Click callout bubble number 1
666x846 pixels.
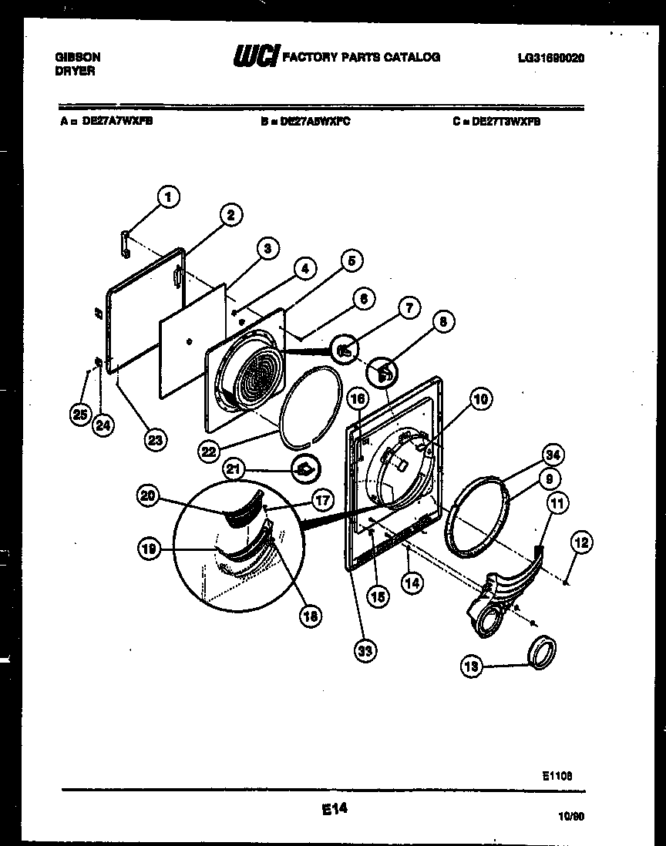point(168,197)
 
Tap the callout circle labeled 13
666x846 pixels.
point(472,666)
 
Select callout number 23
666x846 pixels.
point(156,440)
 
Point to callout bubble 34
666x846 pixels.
point(550,454)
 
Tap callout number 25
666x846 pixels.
point(78,415)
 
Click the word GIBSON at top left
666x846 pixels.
point(78,57)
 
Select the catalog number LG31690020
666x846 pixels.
point(550,58)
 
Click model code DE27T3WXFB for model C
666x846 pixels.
point(506,120)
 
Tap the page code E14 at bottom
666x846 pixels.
point(333,808)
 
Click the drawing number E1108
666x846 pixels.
point(556,777)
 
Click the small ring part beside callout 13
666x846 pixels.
point(541,653)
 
